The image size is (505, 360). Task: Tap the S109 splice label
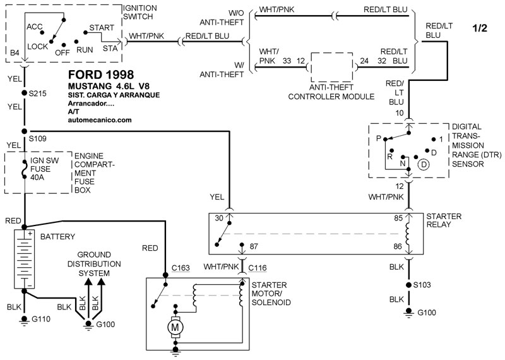(x=39, y=138)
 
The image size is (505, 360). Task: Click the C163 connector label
(x=181, y=268)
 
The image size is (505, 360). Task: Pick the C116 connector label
(x=258, y=268)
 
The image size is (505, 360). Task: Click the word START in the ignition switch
(x=102, y=28)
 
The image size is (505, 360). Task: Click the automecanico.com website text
(x=99, y=119)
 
